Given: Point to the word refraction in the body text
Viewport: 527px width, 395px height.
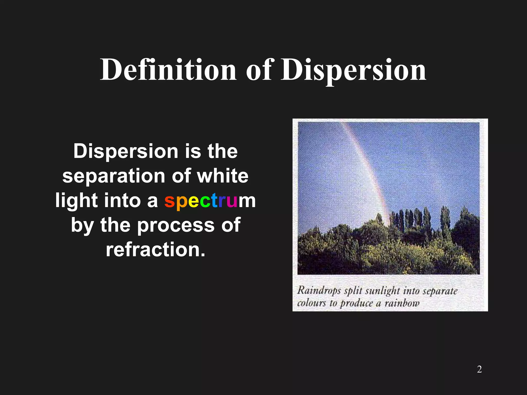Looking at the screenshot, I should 156,250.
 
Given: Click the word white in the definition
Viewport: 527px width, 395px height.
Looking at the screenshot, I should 223,176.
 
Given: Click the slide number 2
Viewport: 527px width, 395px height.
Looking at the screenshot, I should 479,369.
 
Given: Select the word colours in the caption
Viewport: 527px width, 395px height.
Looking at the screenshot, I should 312,303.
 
